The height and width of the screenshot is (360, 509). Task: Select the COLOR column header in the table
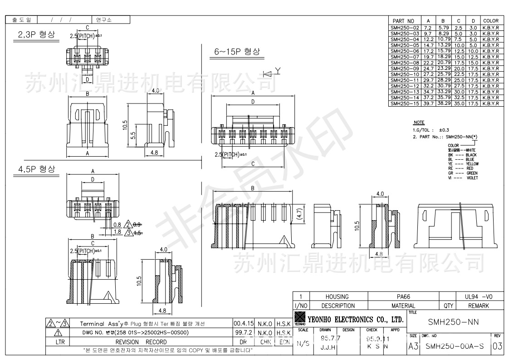[x=491, y=21]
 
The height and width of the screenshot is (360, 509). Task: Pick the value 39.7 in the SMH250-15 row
[x=428, y=104]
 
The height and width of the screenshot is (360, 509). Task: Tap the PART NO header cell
[x=404, y=21]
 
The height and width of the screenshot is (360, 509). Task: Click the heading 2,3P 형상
[x=36, y=35]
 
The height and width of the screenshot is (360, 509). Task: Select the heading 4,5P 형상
[x=36, y=169]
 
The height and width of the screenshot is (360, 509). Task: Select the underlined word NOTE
[x=419, y=123]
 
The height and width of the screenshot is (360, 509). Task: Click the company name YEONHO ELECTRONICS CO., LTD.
[x=355, y=319]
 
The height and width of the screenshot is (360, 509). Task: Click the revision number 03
[x=497, y=346]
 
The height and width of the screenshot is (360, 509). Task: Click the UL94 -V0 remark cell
[x=478, y=296]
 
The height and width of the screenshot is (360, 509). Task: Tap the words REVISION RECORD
[x=141, y=342]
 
